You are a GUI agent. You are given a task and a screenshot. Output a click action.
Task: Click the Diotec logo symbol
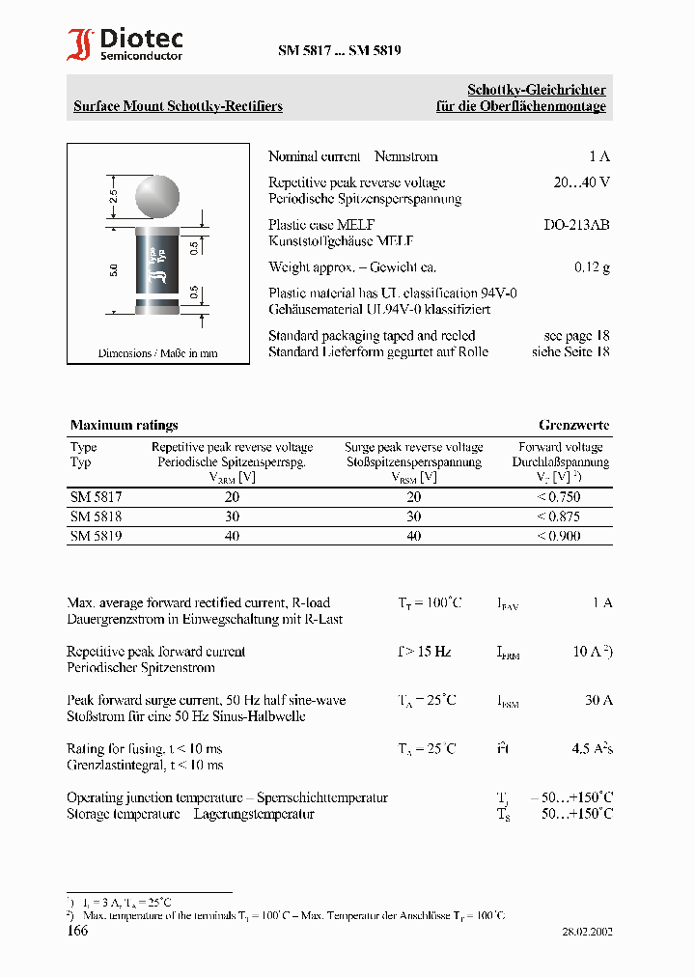81,45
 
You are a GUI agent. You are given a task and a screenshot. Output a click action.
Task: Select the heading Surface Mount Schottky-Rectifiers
179,106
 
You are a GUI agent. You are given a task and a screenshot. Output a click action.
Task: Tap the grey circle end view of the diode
156,197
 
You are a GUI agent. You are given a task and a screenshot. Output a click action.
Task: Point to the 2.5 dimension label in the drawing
114,199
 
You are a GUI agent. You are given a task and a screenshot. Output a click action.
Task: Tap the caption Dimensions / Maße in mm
158,353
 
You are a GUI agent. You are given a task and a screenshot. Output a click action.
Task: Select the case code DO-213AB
576,225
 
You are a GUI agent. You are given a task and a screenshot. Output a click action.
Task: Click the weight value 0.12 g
592,267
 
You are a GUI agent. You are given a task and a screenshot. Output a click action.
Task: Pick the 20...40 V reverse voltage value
581,182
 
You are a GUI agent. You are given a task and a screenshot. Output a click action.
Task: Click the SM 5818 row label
97,516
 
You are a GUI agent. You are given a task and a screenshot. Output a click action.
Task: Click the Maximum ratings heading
125,425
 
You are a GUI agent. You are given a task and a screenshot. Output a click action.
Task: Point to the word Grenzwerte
573,425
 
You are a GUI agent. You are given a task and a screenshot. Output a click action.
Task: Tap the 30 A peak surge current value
598,700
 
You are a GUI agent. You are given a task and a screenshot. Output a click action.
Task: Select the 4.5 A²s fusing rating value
593,748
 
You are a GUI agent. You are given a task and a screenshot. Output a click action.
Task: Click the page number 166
77,931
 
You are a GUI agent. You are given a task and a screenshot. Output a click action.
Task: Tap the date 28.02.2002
587,932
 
